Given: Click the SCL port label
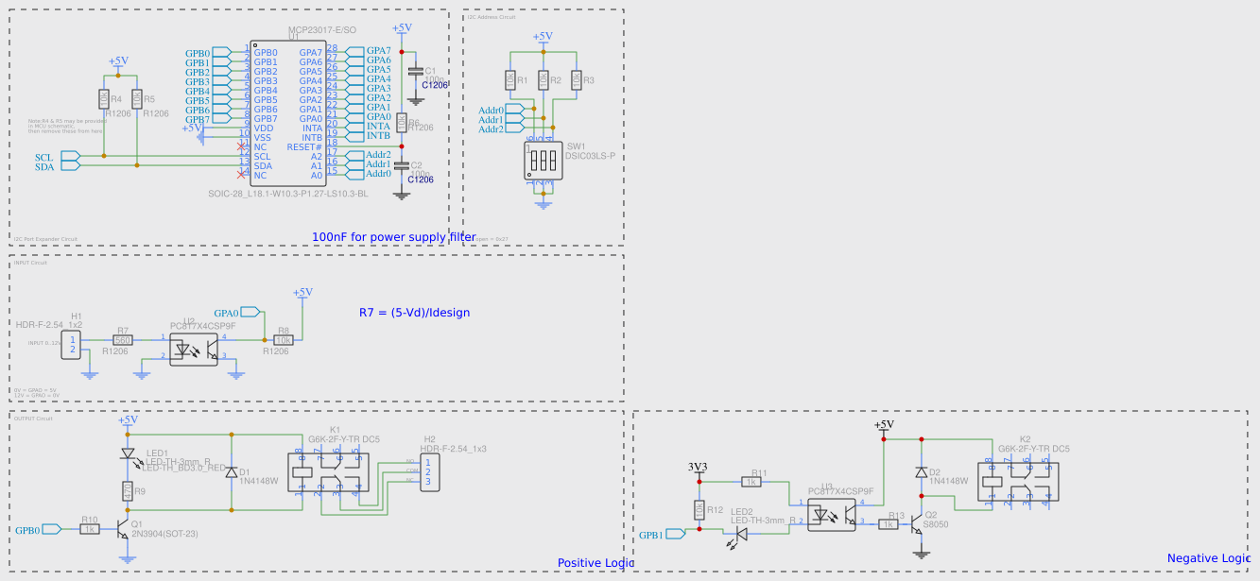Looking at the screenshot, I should pyautogui.click(x=44, y=157).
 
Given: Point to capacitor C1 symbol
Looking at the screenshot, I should pyautogui.click(x=414, y=72).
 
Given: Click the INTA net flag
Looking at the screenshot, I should pyautogui.click(x=377, y=127).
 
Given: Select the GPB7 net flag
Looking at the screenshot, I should pyautogui.click(x=198, y=119).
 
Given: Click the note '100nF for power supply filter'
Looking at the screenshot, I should pyautogui.click(x=393, y=236).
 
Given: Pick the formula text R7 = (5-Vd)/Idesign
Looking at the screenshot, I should pyautogui.click(x=414, y=312).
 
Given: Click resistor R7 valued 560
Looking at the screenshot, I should pyautogui.click(x=122, y=340).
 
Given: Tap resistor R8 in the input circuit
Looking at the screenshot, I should pyautogui.click(x=283, y=340).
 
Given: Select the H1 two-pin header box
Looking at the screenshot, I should pyautogui.click(x=72, y=345).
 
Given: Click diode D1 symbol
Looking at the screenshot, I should pyautogui.click(x=232, y=472).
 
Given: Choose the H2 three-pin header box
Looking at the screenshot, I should pyautogui.click(x=428, y=472).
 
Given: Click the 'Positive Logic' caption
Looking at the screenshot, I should pyautogui.click(x=595, y=563).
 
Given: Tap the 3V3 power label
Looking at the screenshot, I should pyautogui.click(x=699, y=467).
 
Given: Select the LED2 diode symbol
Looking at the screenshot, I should pyautogui.click(x=741, y=534).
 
